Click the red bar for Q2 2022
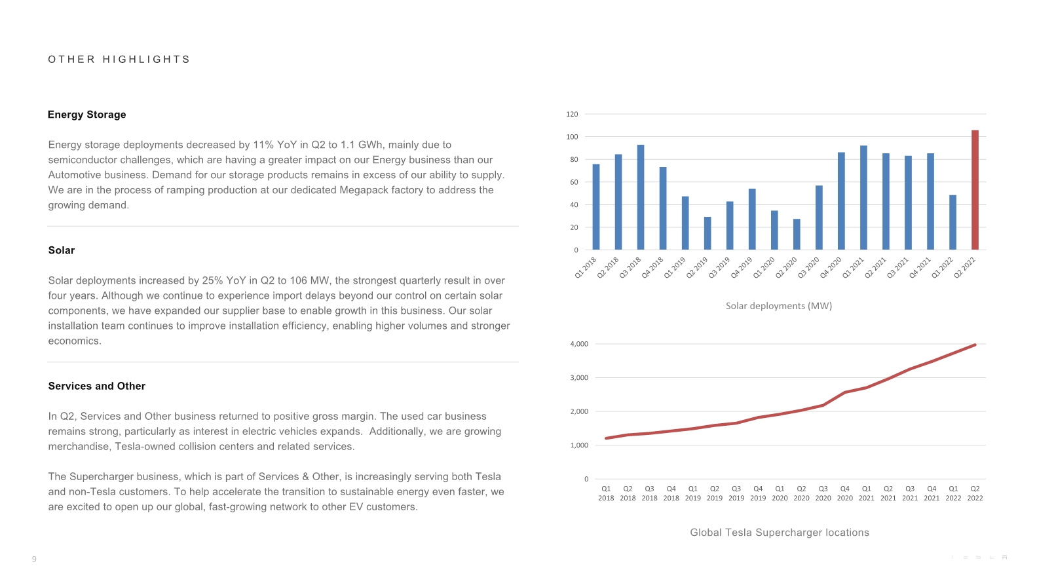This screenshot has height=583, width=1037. [975, 190]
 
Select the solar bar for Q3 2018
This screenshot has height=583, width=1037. [641, 197]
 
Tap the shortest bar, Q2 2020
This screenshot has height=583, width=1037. [797, 235]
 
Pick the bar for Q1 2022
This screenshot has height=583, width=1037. [952, 223]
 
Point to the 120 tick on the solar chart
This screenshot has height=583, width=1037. [572, 115]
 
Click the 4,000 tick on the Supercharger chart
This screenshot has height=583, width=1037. [579, 344]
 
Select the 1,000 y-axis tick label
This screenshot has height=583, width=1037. [579, 445]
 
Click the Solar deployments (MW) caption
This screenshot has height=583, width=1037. [778, 306]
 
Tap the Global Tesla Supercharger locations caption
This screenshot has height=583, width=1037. [779, 533]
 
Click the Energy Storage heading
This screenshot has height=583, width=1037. [86, 115]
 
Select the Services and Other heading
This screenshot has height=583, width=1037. [96, 386]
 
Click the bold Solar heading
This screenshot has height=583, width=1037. [62, 250]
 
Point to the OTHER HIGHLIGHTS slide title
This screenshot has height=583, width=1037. [119, 60]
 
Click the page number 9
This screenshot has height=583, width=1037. [34, 559]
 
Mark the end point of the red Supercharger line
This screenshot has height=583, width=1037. [975, 345]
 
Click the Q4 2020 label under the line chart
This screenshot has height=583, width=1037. [845, 493]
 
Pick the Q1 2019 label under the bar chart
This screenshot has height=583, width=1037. [675, 267]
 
